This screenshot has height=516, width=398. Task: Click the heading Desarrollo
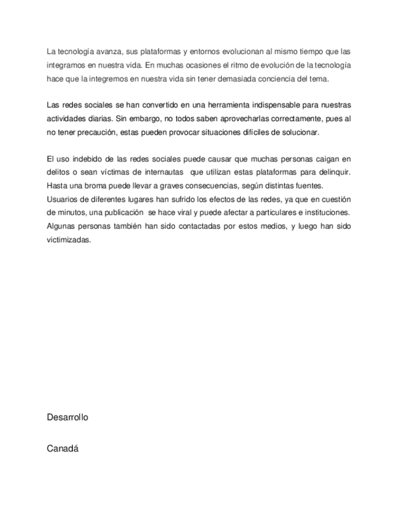tap(67, 417)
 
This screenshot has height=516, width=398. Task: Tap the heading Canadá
tap(63, 449)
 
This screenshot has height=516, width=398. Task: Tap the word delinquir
tap(334, 173)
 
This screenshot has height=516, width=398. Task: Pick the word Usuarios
tap(62, 199)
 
